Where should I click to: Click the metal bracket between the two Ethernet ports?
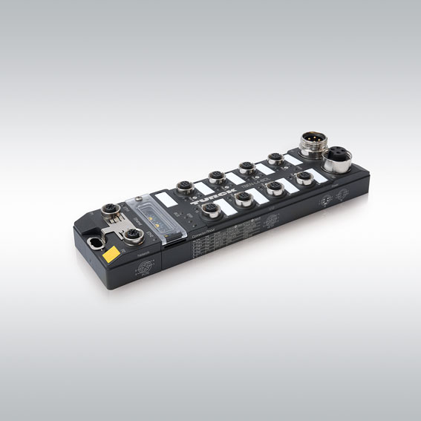[x=119, y=226]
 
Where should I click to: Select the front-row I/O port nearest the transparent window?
[x=212, y=210]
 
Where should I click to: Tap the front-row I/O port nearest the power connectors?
[x=304, y=178]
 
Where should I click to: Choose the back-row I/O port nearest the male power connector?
[x=276, y=158]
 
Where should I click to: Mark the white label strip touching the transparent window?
[x=163, y=199]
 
